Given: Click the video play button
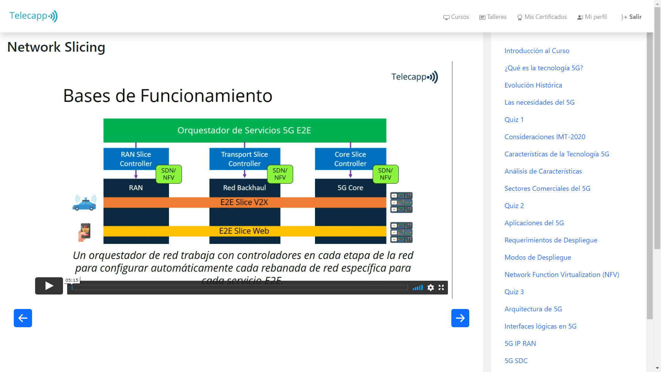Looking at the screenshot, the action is click(x=49, y=286).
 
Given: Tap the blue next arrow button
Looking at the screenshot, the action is click(x=460, y=318).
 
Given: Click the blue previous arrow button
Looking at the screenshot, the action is click(x=23, y=318).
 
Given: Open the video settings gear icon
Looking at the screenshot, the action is click(x=431, y=288).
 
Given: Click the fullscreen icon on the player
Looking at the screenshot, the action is click(x=441, y=288).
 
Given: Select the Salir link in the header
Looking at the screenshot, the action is click(x=632, y=17).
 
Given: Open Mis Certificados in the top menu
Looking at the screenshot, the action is click(x=542, y=17).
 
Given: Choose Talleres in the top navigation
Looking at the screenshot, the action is click(x=493, y=17).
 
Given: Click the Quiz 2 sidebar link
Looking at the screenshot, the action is click(x=514, y=206).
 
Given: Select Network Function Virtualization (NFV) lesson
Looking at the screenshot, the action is click(x=562, y=275).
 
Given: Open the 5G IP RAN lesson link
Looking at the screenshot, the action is click(x=520, y=343).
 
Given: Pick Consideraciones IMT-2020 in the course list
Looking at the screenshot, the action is click(x=545, y=137).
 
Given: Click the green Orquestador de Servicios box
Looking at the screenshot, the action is click(x=245, y=131).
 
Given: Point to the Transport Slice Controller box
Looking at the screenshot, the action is click(x=244, y=159).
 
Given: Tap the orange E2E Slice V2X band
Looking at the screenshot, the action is click(x=245, y=202).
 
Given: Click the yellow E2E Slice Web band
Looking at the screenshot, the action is click(x=245, y=231).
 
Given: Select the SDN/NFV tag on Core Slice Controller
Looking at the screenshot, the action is click(x=386, y=174).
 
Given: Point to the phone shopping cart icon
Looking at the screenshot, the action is click(x=85, y=232).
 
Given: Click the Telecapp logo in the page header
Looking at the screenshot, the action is click(x=33, y=16).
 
